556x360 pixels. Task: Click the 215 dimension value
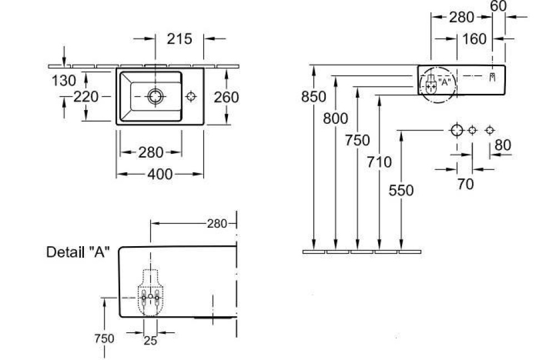coord(179,39)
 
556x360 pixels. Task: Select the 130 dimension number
coord(63,81)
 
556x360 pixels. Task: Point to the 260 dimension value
coord(226,97)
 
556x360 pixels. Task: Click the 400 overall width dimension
coord(160,174)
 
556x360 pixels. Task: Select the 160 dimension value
coord(474,39)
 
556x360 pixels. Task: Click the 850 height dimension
coord(314,96)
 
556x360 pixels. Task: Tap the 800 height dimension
coord(336,118)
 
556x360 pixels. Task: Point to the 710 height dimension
coord(379,162)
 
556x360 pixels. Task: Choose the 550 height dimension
coord(401,191)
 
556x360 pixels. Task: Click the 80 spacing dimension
coord(503,146)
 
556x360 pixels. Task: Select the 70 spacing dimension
coord(465,184)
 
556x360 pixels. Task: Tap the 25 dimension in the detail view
coord(150,341)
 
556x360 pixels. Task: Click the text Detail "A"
coord(77,252)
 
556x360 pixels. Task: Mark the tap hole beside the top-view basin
coord(191,97)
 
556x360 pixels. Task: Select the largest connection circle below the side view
coord(456,130)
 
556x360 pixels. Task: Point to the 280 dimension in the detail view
coord(217,224)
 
